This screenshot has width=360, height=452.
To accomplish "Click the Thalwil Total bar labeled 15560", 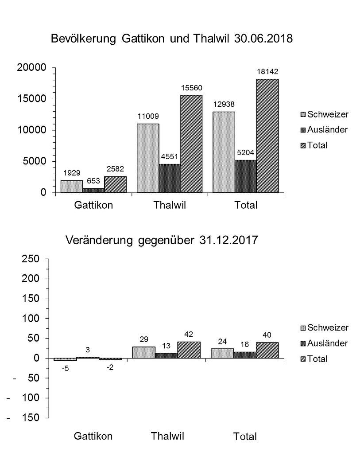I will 191,144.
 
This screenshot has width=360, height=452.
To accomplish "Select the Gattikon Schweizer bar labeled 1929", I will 71,186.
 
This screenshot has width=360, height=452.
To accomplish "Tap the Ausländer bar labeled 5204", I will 245,176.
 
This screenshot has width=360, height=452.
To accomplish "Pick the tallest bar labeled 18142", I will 267,136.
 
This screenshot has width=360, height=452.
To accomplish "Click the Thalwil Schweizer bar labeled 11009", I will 148,158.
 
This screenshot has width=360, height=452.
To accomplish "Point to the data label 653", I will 93,180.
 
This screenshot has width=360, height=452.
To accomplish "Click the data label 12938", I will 224,105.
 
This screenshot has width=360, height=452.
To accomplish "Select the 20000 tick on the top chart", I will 31,67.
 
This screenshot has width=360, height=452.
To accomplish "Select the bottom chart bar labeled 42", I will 189,350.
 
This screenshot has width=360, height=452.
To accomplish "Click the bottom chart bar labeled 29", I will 143,352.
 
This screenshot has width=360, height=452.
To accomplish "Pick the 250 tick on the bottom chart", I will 31,259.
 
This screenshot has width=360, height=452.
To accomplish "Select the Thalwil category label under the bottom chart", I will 167,436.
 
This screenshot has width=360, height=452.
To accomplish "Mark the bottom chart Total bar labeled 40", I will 267,350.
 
